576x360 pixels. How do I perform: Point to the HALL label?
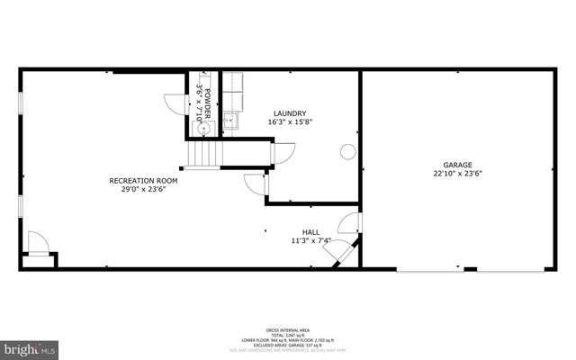point(310,231)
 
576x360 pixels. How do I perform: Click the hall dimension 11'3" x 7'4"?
point(310,240)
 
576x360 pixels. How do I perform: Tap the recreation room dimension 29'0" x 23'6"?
point(143,190)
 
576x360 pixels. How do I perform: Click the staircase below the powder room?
point(203,155)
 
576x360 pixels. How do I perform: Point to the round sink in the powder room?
point(204,129)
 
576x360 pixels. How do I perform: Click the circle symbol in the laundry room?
point(347,152)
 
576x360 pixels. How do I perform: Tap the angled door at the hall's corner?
point(345,253)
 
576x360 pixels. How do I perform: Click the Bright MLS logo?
point(29,347)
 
